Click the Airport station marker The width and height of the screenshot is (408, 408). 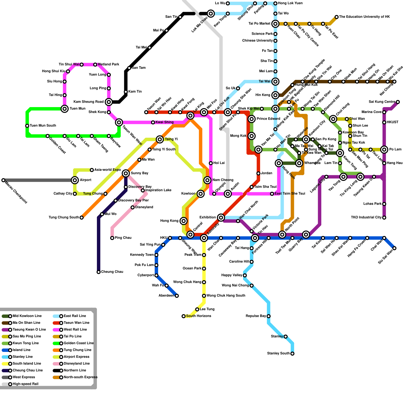[x=75, y=180]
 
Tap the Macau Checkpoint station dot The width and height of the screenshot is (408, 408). [x=3, y=180]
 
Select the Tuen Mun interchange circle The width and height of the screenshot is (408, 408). [x=65, y=109]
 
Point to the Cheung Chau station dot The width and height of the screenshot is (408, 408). [x=99, y=272]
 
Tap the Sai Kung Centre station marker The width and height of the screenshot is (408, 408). [x=398, y=102]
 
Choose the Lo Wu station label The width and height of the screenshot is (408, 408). [x=220, y=3]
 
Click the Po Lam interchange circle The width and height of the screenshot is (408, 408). [x=384, y=150]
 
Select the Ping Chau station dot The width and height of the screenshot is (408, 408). [x=112, y=238]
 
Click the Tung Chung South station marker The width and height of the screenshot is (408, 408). [x=82, y=218]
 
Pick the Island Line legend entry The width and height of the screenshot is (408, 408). [x=21, y=350]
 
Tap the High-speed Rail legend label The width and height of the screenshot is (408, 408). [x=25, y=384]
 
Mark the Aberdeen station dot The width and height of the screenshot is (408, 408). [x=177, y=296]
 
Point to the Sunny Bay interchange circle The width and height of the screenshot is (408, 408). [x=126, y=173]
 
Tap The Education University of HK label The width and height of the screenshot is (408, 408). [x=364, y=17]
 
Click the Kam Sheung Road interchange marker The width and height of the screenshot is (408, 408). [x=109, y=102]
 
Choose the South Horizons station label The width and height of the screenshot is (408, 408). [x=198, y=316]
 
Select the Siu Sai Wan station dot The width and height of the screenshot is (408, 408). [x=394, y=248]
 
